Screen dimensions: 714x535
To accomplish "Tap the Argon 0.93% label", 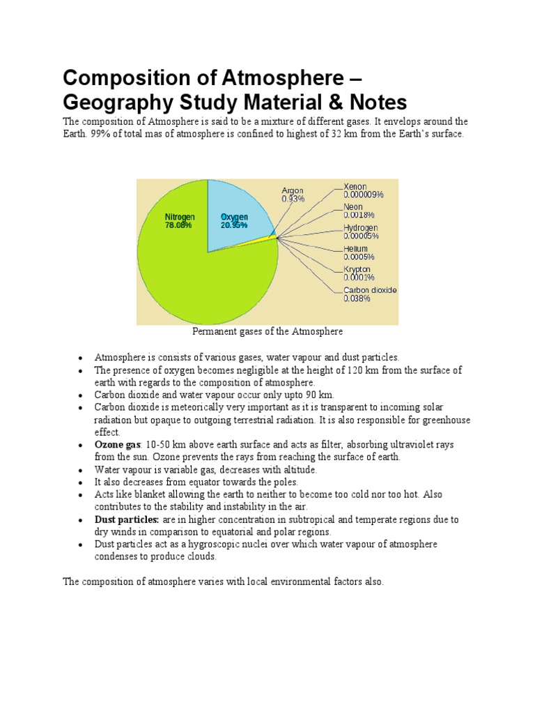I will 293,195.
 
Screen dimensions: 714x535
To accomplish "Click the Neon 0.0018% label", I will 359,211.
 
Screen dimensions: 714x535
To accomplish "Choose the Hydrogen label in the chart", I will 361,231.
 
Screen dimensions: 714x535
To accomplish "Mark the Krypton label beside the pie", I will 359,273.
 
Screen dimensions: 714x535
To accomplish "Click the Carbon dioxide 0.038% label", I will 370,294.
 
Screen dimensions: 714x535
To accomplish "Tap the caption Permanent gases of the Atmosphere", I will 267,332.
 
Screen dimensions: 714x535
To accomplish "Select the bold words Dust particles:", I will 127,519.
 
